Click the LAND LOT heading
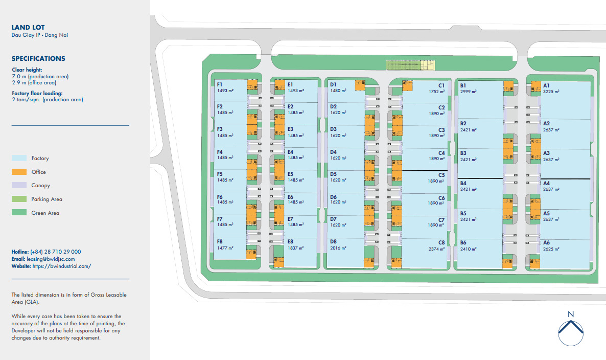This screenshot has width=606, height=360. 28,28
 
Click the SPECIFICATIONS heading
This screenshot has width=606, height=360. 38,59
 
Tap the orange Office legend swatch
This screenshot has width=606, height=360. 19,172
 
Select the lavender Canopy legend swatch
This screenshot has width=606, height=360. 19,185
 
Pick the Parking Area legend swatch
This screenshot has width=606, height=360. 19,199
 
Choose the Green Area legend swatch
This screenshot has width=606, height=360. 19,212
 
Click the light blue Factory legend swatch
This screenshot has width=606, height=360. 19,158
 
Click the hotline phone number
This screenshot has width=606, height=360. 56,252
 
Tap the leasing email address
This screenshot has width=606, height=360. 51,259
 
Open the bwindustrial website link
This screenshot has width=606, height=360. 62,266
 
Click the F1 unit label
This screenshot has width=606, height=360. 220,85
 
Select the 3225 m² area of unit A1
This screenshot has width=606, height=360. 551,92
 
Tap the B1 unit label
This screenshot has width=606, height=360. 463,86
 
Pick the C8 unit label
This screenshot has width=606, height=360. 441,243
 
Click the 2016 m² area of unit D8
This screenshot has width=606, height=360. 338,248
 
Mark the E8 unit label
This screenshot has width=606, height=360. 290,242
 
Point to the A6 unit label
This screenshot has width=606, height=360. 547,243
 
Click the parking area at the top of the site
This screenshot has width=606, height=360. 410,65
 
